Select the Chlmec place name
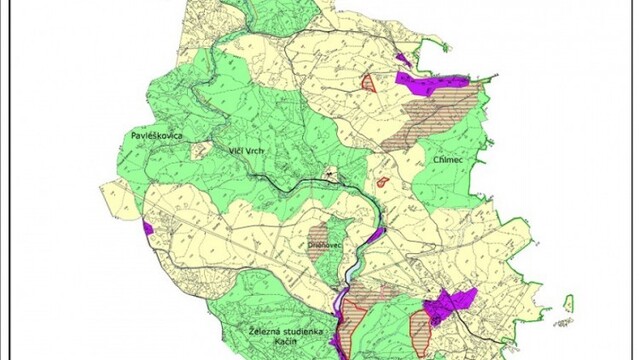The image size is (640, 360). pyautogui.click(x=441, y=158)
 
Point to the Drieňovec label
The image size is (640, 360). pyautogui.click(x=325, y=243)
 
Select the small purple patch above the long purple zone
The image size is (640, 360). pyautogui.click(x=403, y=60)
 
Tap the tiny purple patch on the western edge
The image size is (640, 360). pyautogui.click(x=148, y=228)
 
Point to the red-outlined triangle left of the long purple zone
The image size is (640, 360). pyautogui.click(x=369, y=83)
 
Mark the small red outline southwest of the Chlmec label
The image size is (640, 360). pyautogui.click(x=383, y=182)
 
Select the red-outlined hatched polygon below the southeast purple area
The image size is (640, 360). pyautogui.click(x=421, y=330)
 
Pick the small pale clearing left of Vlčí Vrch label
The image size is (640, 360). pyautogui.click(x=200, y=151)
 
